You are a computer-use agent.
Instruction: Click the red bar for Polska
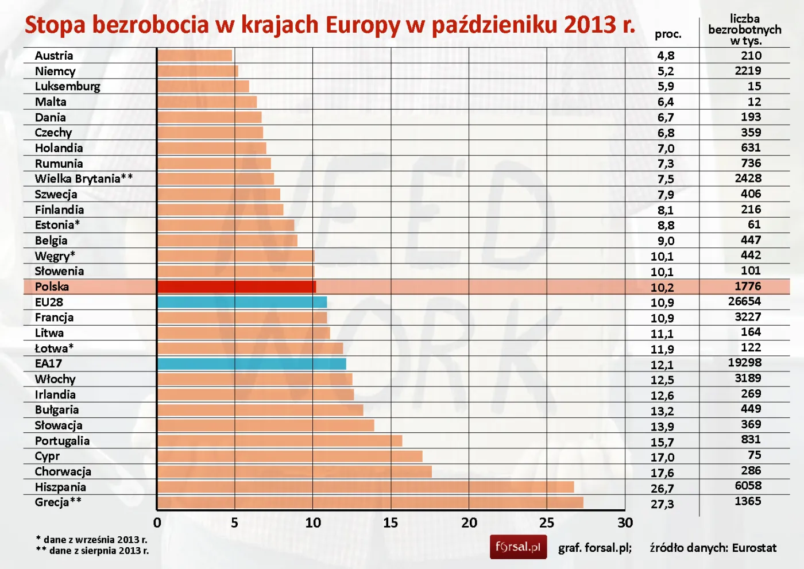point(236,287)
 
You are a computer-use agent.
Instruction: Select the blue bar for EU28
point(242,302)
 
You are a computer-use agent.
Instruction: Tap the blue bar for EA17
point(252,363)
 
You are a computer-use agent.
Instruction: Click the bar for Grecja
point(370,502)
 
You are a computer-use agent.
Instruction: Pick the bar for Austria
point(195,56)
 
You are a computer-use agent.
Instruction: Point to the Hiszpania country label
point(60,487)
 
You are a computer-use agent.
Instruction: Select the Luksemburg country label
point(67,86)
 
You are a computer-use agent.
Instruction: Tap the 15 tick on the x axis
point(391,522)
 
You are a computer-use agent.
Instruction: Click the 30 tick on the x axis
point(625,522)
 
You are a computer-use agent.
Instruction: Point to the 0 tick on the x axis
point(157,522)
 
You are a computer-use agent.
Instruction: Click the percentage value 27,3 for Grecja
point(662,504)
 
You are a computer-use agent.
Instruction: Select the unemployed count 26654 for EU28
point(744,301)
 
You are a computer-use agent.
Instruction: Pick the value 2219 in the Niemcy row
point(748,71)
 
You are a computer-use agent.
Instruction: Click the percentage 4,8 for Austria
point(666,56)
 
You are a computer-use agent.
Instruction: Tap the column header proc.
point(668,34)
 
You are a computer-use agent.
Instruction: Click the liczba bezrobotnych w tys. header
point(745,30)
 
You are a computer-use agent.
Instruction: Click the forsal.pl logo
point(518,547)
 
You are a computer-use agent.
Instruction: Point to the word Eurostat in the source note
point(754,548)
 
